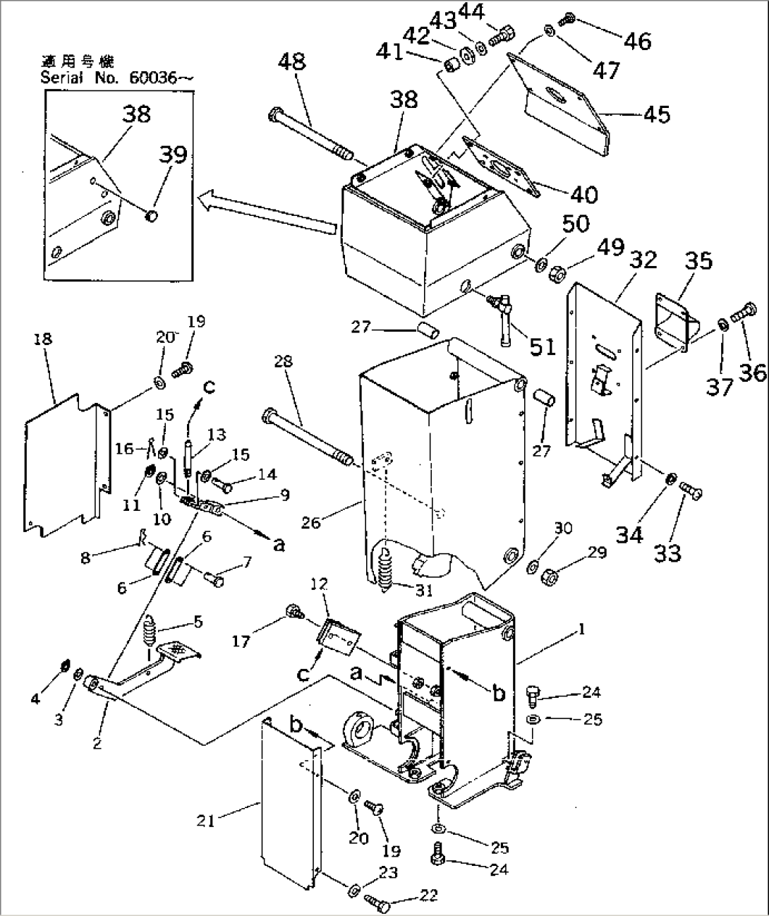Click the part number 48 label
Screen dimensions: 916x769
coord(291,61)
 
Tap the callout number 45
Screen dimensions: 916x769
coord(657,114)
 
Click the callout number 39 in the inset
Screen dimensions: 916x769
coord(173,155)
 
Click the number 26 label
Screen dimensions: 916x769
coord(311,522)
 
